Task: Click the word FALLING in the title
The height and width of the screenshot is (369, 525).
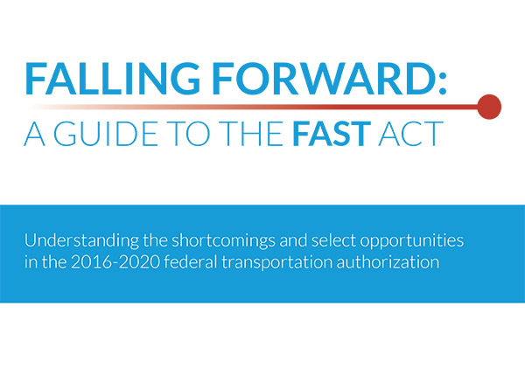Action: pyautogui.click(x=112, y=79)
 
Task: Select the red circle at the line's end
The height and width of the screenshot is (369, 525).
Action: pyautogui.click(x=489, y=107)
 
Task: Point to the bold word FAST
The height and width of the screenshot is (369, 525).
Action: pyautogui.click(x=332, y=134)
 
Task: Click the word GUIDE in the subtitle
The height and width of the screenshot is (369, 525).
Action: pyautogui.click(x=106, y=134)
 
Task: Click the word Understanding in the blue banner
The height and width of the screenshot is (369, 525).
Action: pyautogui.click(x=81, y=241)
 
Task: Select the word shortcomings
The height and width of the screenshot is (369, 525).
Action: pyautogui.click(x=224, y=241)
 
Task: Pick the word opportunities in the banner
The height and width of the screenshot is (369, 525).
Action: pyautogui.click(x=412, y=241)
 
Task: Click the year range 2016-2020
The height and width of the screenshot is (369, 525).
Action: pyautogui.click(x=115, y=262)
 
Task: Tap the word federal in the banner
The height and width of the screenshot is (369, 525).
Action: pyautogui.click(x=191, y=262)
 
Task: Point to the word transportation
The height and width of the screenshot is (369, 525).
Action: pyautogui.click(x=276, y=262)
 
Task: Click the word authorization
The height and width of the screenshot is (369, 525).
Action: pyautogui.click(x=388, y=262)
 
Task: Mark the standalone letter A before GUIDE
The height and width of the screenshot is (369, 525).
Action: pyautogui.click(x=35, y=134)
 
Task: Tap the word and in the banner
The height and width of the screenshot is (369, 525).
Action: pyautogui.click(x=293, y=240)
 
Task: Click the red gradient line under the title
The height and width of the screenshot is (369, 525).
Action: pyautogui.click(x=255, y=107)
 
